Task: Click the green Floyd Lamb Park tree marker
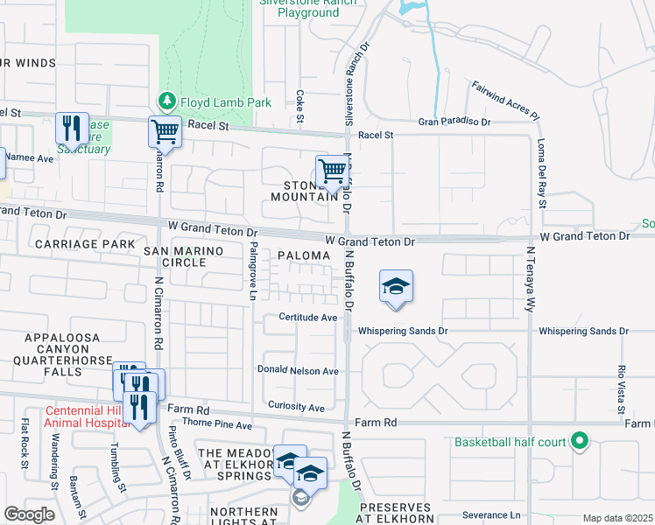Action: coord(164,102)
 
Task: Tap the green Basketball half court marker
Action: coord(578,441)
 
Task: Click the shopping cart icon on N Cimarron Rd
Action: coord(165,132)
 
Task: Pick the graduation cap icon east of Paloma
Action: coord(396,286)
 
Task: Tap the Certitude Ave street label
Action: coord(308,318)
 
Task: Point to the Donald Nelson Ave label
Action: coord(298,371)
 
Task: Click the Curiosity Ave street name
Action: coord(297,408)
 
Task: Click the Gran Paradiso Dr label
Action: coord(454,122)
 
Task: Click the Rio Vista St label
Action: coord(621,385)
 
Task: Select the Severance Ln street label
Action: coord(491,515)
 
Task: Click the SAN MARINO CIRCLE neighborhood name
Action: coord(184,256)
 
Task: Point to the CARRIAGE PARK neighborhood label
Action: coord(85,243)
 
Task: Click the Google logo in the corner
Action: coord(29,514)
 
